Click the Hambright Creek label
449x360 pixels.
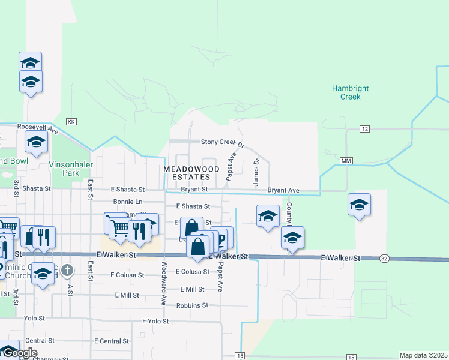point(350,92)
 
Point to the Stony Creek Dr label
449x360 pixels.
point(223,143)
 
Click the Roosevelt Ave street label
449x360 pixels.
point(37,128)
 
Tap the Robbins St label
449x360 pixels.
point(192,305)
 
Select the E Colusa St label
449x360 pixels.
point(193,272)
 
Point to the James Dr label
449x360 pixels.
point(256,172)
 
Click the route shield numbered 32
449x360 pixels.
point(384,259)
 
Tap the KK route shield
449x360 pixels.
point(71,121)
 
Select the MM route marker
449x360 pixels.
point(345,161)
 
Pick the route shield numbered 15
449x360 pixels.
point(240,356)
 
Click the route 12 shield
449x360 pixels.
point(364,129)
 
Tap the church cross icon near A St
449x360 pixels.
point(67,271)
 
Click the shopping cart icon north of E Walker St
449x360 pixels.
point(119,227)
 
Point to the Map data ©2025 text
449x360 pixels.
point(423,355)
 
